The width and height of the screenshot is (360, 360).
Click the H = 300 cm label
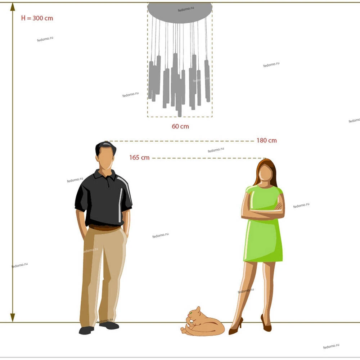point(37,18)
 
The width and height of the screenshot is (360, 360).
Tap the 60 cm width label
point(180,126)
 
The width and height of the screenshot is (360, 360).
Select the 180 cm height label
point(266,140)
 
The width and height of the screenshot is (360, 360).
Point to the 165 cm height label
point(139,158)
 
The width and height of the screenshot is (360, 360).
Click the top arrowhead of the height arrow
point(13,7)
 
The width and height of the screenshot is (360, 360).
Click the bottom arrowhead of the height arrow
point(13,318)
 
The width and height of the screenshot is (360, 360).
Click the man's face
point(105,158)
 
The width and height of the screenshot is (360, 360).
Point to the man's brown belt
point(104,228)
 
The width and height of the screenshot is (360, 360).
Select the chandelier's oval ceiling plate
point(180,13)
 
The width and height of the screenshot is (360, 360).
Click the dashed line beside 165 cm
point(209,158)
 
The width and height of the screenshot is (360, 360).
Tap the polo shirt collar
point(105,175)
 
